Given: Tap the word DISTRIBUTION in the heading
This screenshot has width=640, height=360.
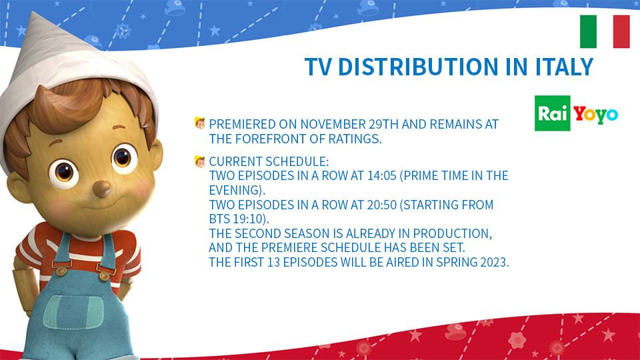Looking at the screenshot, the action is click(418, 67).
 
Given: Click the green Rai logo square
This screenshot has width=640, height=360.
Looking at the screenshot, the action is click(552, 113).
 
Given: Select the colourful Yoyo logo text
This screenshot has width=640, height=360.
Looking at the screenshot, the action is click(595, 115).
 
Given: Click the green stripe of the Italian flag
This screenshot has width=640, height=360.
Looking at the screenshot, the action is click(588, 31).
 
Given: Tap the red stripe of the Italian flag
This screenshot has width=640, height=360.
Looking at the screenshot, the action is click(621, 31).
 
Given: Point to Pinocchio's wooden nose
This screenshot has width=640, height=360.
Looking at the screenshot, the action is click(101, 189).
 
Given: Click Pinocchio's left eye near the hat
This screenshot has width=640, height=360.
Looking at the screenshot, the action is click(63, 174).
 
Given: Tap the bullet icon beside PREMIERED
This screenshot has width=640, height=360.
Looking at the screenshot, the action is click(199, 123).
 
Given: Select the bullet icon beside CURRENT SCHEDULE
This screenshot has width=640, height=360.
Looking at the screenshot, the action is click(199, 161).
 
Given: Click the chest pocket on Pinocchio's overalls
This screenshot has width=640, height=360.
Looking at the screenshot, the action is click(73, 312).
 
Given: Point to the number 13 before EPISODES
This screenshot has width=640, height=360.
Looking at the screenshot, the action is click(273, 263).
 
